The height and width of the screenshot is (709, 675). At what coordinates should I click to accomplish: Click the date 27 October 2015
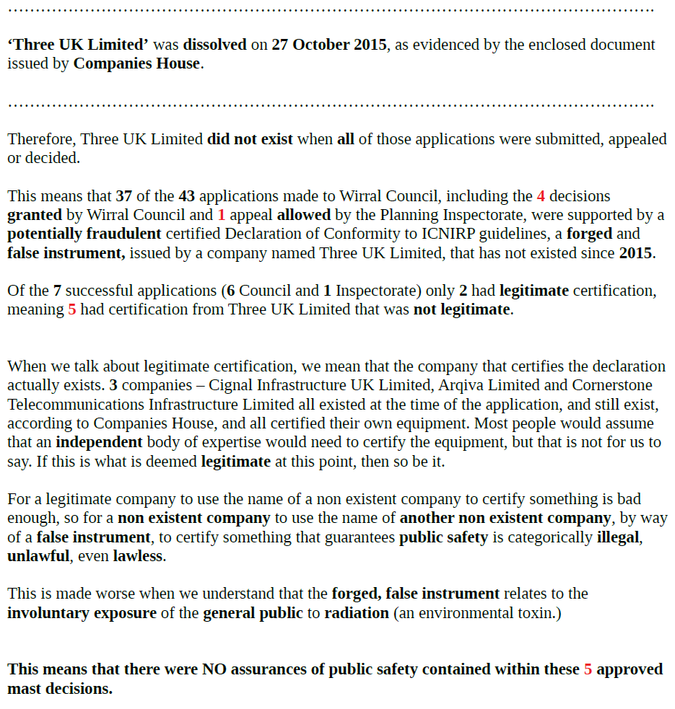click(x=329, y=45)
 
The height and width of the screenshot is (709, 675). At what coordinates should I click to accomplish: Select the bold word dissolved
click(x=214, y=45)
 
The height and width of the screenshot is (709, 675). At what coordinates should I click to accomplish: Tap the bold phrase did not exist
click(x=250, y=139)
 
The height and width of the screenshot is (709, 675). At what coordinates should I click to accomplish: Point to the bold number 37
click(x=124, y=196)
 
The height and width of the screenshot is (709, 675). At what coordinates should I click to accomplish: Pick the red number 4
click(x=541, y=196)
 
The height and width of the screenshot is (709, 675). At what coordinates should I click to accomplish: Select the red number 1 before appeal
click(x=221, y=215)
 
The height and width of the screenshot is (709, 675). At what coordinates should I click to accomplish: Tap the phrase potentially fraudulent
click(x=84, y=234)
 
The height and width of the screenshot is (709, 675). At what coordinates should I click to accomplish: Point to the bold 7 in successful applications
click(x=56, y=291)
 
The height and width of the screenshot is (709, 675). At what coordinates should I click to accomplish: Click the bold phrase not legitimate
click(x=461, y=310)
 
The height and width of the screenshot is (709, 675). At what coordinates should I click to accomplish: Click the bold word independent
click(x=100, y=442)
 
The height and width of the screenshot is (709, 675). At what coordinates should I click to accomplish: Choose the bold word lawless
click(x=137, y=556)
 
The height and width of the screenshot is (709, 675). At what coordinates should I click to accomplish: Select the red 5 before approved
click(x=588, y=669)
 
